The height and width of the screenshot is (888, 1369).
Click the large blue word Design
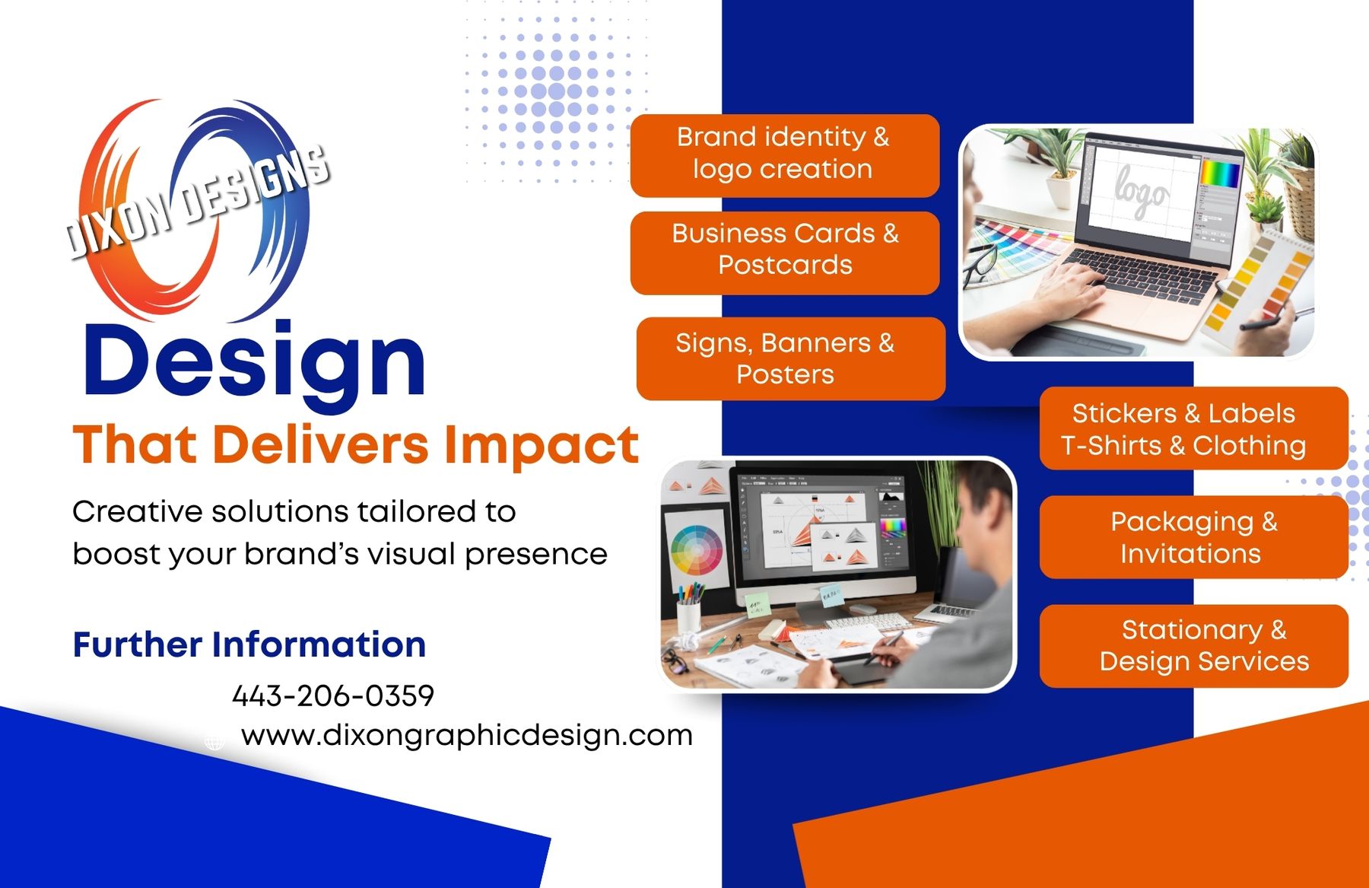254,362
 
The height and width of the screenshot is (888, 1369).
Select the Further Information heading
249,645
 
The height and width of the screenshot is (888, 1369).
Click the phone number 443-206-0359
333,695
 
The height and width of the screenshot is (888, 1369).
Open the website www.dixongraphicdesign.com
467,735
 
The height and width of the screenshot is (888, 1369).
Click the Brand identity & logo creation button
785,155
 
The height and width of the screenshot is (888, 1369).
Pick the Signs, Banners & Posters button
791,358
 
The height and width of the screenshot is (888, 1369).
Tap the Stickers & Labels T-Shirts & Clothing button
1193,428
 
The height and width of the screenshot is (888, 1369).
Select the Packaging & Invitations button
1193,537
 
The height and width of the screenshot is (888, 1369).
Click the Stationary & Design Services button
1193,646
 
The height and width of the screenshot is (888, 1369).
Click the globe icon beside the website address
214,742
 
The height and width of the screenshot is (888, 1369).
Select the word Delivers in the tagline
320,444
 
